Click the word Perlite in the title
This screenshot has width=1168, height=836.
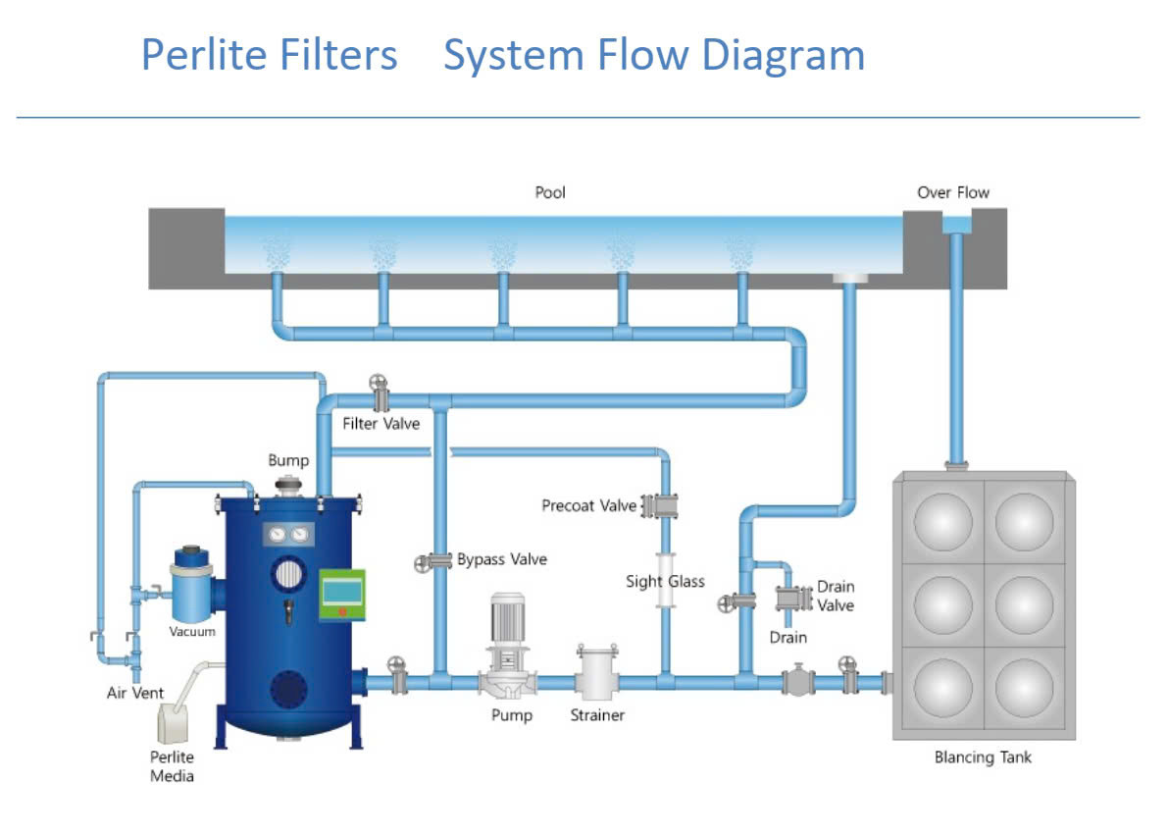(x=202, y=55)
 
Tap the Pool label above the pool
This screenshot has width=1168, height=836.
(x=550, y=192)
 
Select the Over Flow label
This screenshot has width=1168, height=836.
(x=953, y=192)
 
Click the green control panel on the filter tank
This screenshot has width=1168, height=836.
(x=341, y=594)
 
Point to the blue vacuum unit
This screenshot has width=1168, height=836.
(x=191, y=589)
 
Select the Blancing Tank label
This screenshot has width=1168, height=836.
(x=983, y=758)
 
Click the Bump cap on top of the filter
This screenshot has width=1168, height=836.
(x=289, y=484)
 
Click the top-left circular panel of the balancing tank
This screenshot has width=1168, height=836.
(x=942, y=520)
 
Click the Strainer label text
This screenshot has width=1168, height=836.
(x=597, y=715)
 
